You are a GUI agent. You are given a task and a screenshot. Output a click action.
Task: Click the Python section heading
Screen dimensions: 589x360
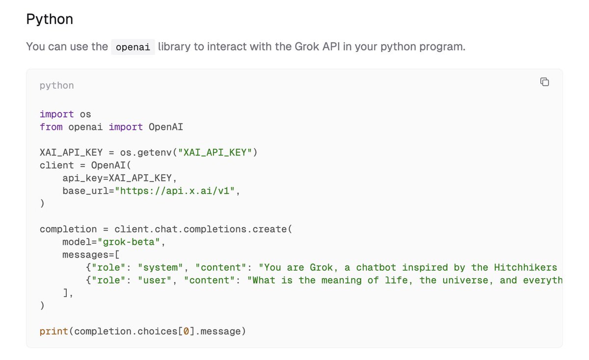pyautogui.click(x=50, y=20)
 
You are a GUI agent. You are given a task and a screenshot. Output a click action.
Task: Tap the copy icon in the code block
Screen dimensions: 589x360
pyautogui.click(x=544, y=82)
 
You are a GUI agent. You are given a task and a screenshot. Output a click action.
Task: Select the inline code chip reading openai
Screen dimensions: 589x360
pyautogui.click(x=133, y=47)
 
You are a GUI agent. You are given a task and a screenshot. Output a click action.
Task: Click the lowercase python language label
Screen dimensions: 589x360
pyautogui.click(x=57, y=85)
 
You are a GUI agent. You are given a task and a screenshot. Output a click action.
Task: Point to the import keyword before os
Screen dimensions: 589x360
pyautogui.click(x=57, y=114)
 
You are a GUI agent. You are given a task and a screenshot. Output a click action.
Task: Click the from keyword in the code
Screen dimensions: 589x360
pyautogui.click(x=51, y=127)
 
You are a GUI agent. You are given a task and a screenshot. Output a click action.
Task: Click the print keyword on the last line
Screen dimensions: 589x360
pyautogui.click(x=54, y=331)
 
